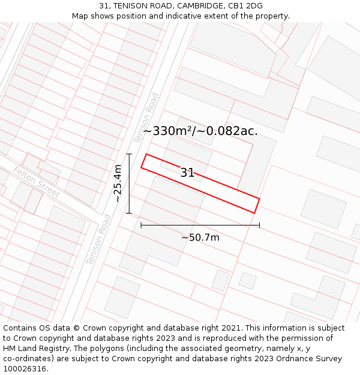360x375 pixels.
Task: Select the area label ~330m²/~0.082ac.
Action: tap(200, 131)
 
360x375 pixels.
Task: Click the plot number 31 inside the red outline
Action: tap(187, 173)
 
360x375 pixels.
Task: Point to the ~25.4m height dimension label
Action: tap(118, 183)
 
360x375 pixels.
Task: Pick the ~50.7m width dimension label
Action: tap(200, 238)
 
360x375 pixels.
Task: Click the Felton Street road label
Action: tap(37, 182)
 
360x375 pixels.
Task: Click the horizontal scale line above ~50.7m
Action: tap(200, 226)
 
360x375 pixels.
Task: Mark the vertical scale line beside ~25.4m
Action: tap(129, 183)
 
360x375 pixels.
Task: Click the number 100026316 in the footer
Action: tap(25, 369)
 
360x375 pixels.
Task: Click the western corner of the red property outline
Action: tap(142, 167)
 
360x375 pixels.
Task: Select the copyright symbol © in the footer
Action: tap(77, 328)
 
